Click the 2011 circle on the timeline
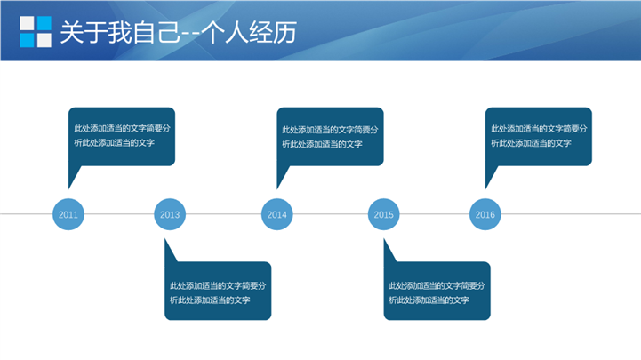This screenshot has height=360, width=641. (68, 214)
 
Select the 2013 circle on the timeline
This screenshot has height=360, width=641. (170, 214)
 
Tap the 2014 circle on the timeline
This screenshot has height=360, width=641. (276, 214)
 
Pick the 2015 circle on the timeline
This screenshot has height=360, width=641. (383, 214)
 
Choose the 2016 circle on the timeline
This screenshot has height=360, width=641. (485, 214)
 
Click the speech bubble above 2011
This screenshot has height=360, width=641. (122, 137)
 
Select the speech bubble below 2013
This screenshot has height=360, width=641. (218, 291)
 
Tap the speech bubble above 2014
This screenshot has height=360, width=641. (330, 137)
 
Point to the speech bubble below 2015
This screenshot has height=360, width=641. (437, 291)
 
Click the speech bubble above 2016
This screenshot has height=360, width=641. (539, 137)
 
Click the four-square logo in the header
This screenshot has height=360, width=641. (36, 31)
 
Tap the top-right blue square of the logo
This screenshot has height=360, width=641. (44, 23)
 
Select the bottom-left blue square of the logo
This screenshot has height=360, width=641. (27, 40)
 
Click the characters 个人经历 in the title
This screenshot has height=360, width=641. (249, 32)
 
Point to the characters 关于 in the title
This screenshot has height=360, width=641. (84, 32)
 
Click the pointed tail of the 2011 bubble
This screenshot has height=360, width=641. (68, 188)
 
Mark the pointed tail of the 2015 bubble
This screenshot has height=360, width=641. (384, 239)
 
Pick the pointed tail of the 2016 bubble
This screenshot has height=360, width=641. (485, 188)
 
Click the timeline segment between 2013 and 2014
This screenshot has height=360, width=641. (223, 213)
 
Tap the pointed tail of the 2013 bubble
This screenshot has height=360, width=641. (165, 239)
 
